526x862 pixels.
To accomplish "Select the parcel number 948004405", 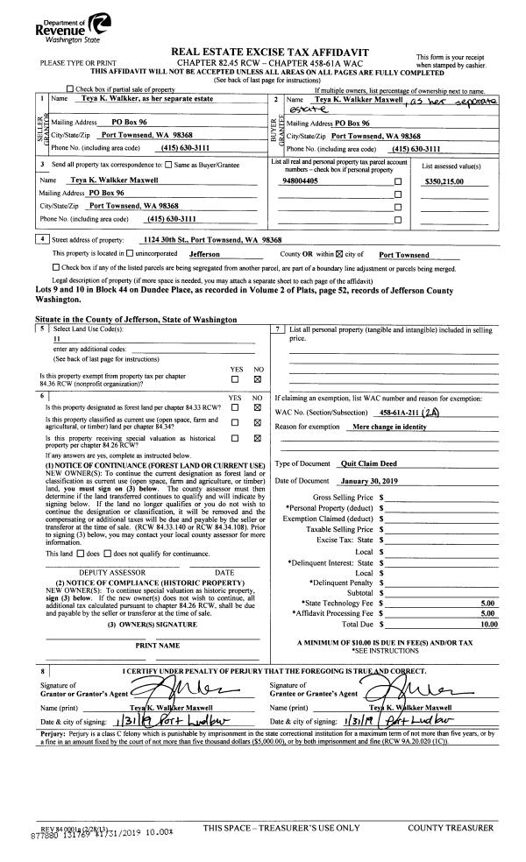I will click(302, 181).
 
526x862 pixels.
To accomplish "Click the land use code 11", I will click(57, 338).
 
